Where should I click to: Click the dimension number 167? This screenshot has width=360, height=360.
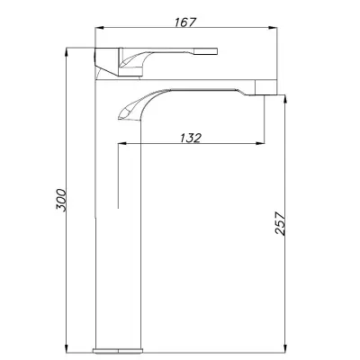[x=185, y=22]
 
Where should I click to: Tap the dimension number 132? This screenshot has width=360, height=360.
[x=191, y=138]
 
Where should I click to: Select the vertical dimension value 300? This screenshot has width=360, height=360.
[x=61, y=201]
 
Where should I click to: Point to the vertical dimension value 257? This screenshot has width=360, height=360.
[x=280, y=223]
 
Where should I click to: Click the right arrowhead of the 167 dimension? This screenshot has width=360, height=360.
[x=273, y=28]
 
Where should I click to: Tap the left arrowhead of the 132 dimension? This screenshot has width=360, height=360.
[x=122, y=144]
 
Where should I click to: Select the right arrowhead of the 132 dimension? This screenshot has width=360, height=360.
[x=260, y=144]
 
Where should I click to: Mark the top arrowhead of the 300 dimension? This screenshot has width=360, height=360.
[x=67, y=52]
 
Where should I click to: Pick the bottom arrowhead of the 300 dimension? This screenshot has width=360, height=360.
[x=67, y=348]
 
